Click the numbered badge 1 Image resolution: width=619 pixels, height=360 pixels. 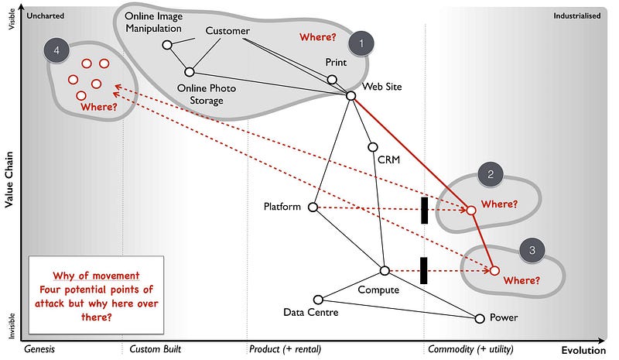pyautogui.click(x=360, y=44)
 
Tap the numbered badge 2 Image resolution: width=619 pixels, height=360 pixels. pyautogui.click(x=490, y=174)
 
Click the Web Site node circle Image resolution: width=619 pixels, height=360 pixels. pyautogui.click(x=351, y=95)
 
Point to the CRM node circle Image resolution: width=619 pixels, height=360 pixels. pyautogui.click(x=372, y=147)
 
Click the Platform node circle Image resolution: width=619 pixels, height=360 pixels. pyautogui.click(x=313, y=207)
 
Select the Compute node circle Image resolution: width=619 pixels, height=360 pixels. pyautogui.click(x=385, y=270)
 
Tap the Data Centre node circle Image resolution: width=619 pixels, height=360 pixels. pyautogui.click(x=318, y=299)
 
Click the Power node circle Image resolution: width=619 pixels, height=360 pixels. pyautogui.click(x=479, y=318)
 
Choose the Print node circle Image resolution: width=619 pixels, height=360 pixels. pyautogui.click(x=332, y=79)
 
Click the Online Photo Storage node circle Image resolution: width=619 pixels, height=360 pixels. pyautogui.click(x=189, y=72)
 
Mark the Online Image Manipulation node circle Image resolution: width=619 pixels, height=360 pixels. pyautogui.click(x=166, y=45)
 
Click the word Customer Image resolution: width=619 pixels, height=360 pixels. pyautogui.click(x=227, y=31)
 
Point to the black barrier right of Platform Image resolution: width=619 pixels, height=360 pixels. pyautogui.click(x=424, y=210)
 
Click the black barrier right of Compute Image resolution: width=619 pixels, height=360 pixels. pyautogui.click(x=424, y=270)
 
